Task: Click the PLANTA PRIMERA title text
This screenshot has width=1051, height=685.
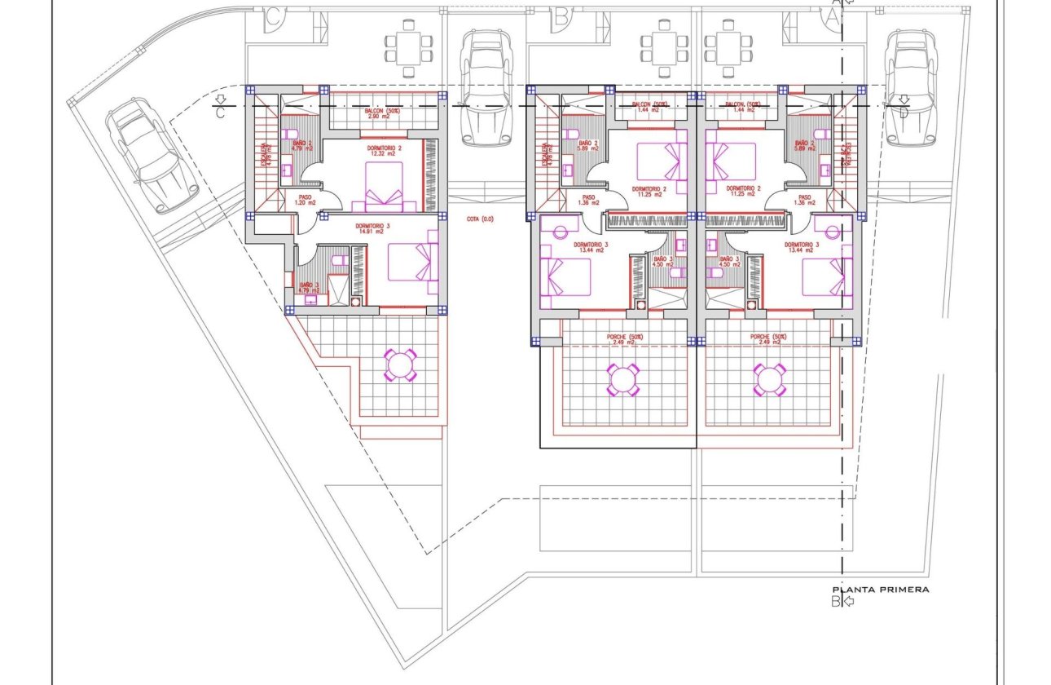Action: pos(880,590)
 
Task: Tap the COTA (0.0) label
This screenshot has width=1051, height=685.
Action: pos(480,219)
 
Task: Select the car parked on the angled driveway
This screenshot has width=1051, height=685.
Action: pos(152,155)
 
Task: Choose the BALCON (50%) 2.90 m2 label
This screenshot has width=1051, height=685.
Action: pos(378,114)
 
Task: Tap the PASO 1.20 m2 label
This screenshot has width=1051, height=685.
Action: pos(306,200)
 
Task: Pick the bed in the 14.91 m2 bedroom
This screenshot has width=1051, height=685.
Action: pos(412,261)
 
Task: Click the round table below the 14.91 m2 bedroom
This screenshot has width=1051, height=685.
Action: pos(401,365)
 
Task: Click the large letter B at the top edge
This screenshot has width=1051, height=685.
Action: pos(561,15)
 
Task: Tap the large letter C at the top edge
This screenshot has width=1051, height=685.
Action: pos(275,15)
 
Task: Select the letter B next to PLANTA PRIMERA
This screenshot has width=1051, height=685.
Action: pos(835,602)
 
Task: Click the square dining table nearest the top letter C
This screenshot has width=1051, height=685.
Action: pos(403,47)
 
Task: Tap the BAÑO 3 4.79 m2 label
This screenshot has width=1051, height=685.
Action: pos(309,287)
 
